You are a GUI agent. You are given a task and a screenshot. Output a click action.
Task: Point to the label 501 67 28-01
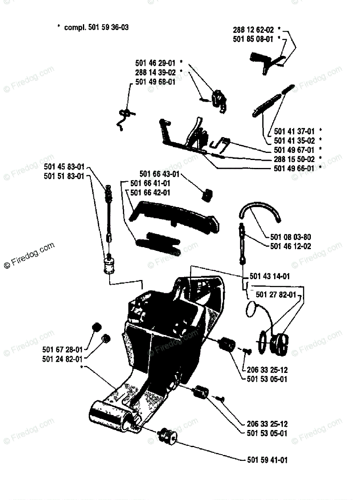click(x=62, y=349)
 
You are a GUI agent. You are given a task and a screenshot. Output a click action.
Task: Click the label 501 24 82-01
click(x=62, y=358)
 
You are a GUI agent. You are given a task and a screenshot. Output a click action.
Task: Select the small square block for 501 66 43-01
click(x=207, y=194)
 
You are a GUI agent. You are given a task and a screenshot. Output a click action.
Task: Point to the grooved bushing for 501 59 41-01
click(x=168, y=436)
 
